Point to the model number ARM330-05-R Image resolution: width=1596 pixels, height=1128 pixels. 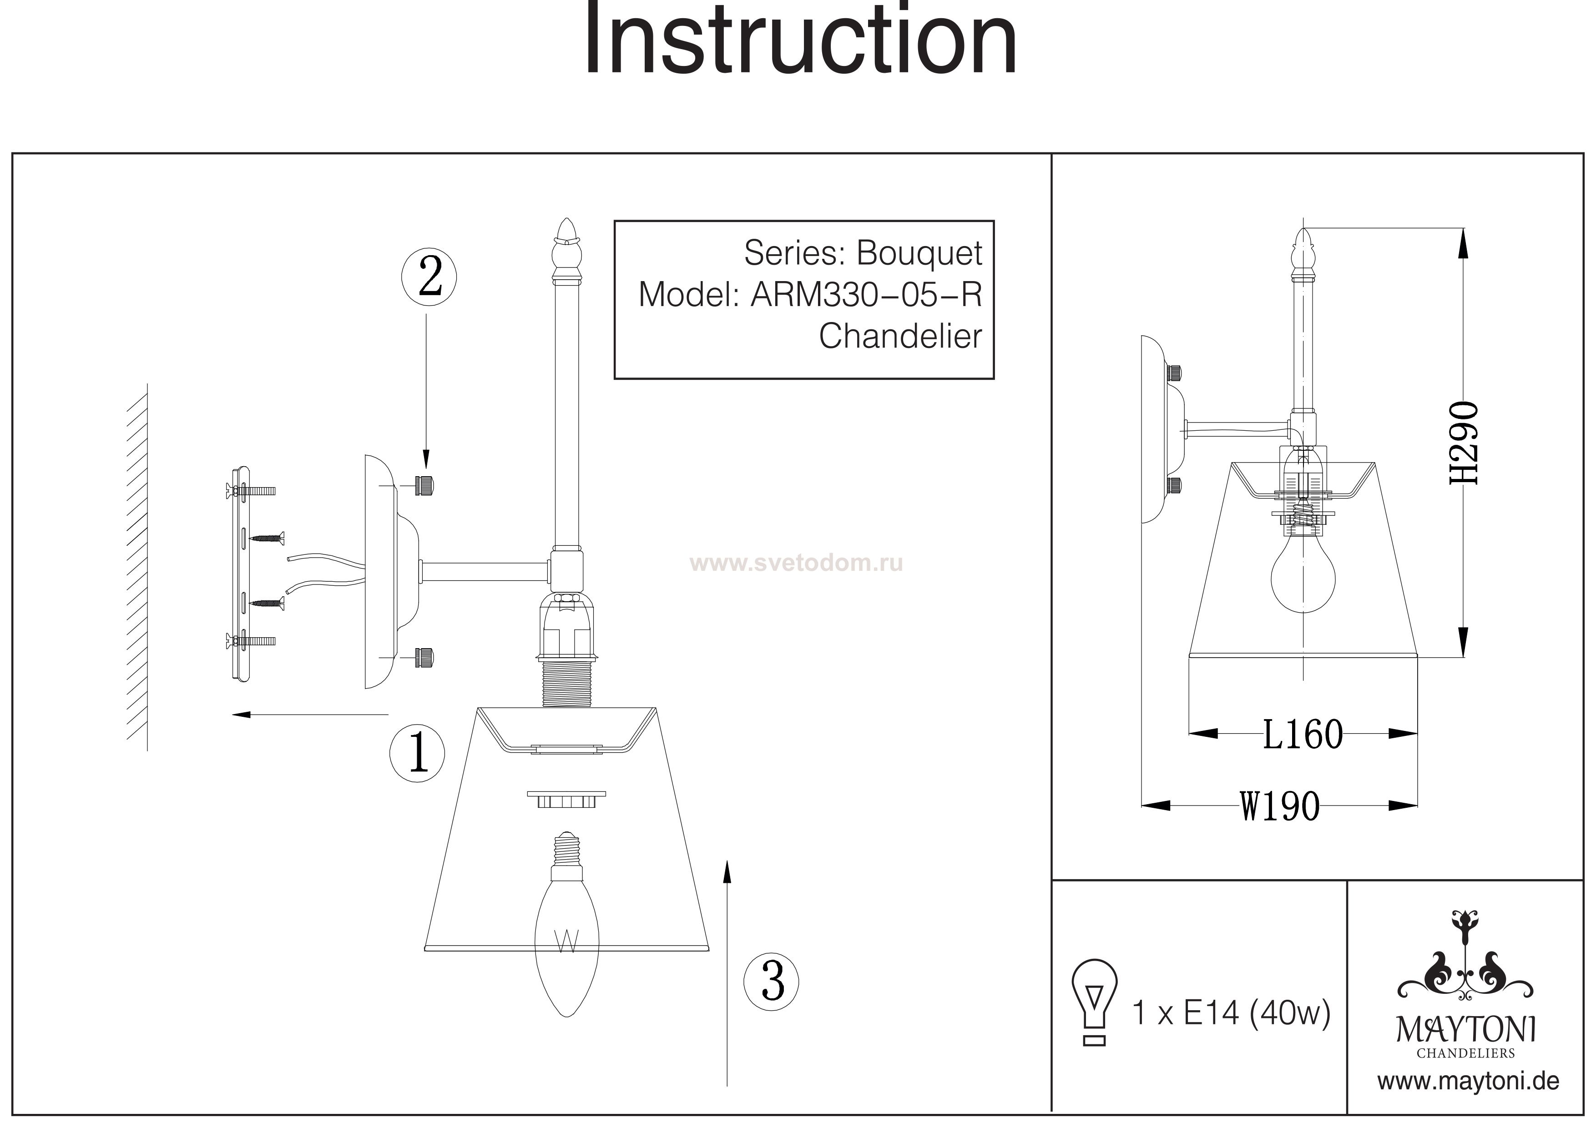[x=866, y=295]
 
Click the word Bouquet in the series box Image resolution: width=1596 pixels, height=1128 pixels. [x=919, y=253]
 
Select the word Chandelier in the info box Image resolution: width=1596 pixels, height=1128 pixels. [x=900, y=337]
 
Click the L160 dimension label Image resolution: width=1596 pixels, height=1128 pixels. [x=1302, y=735]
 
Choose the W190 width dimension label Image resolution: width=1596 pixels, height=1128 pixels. [x=1280, y=807]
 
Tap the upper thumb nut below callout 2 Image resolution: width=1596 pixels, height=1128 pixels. [x=423, y=485]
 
